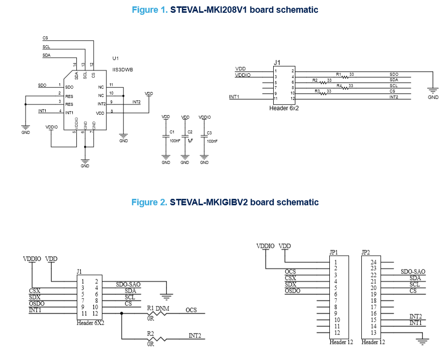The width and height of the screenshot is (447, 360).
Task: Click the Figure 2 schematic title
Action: click(x=225, y=202)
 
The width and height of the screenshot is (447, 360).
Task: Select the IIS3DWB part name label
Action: click(x=123, y=70)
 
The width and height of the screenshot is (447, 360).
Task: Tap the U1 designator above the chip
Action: click(x=116, y=58)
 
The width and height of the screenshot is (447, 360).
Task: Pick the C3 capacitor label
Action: click(x=209, y=133)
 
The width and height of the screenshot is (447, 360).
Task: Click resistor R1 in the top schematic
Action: click(x=345, y=76)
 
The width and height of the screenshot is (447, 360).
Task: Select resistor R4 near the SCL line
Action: click(x=346, y=88)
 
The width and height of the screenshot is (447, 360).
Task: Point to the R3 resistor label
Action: click(x=318, y=91)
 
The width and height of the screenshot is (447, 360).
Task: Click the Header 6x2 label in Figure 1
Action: click(x=284, y=108)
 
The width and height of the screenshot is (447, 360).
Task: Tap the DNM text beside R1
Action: click(x=162, y=308)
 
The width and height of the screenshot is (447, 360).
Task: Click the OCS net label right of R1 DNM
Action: click(x=192, y=310)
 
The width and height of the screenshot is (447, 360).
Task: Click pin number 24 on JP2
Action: click(x=373, y=262)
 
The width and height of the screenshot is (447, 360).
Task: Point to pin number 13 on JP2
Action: click(x=373, y=332)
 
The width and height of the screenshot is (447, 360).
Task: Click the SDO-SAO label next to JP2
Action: click(x=413, y=271)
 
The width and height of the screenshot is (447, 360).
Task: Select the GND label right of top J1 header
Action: click(x=433, y=98)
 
